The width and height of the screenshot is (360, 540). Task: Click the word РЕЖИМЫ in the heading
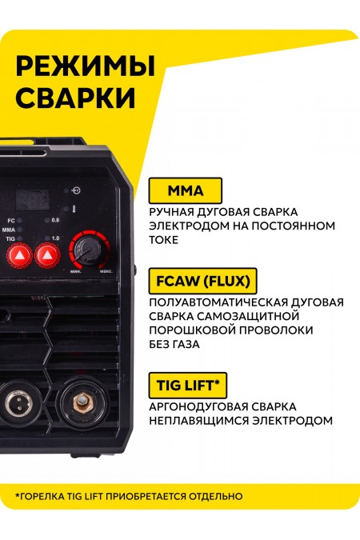[x=74, y=65]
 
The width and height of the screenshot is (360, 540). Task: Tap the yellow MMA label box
[x=186, y=191]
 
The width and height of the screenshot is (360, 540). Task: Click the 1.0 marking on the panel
[x=54, y=239]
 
